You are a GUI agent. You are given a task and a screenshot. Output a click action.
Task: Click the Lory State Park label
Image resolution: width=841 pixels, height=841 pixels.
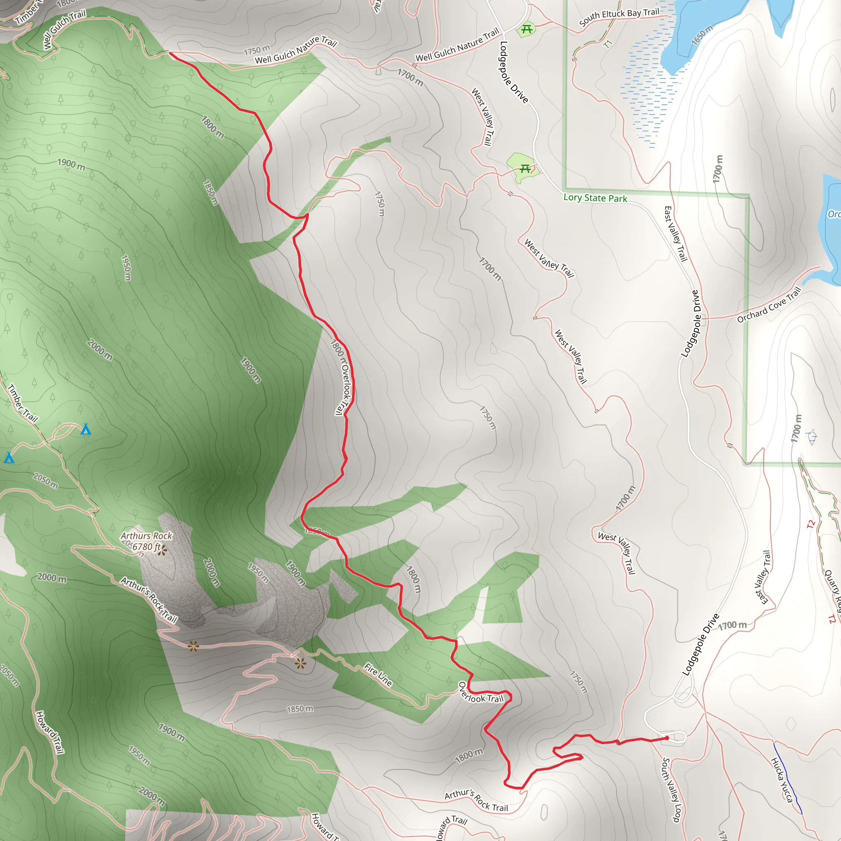595,198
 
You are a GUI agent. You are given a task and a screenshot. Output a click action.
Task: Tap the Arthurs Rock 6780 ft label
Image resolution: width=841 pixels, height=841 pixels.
146,542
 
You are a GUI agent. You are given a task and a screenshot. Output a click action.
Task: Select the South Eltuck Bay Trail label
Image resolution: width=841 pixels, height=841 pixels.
619,16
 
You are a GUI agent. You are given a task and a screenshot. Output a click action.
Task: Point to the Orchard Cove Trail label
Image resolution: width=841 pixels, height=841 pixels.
769,305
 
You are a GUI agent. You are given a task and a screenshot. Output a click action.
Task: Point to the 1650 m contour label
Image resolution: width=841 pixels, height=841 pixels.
702,35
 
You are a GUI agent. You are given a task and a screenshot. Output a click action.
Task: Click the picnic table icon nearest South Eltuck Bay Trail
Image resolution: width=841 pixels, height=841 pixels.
527,29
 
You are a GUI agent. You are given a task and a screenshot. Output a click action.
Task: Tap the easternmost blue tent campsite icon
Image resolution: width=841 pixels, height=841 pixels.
86,430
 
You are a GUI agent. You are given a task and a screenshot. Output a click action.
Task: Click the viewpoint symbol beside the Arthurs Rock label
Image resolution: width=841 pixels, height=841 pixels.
162,551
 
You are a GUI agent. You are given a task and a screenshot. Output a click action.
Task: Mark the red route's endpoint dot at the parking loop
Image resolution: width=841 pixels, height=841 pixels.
667,738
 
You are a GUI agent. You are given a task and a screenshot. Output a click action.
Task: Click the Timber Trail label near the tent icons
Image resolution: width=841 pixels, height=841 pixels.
23,403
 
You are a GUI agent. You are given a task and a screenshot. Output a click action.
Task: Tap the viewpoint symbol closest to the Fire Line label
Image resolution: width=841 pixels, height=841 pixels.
300,664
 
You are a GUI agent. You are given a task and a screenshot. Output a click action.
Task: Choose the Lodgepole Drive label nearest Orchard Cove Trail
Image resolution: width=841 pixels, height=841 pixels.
692,324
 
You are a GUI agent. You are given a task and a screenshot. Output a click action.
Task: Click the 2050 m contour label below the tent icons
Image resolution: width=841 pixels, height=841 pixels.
45,481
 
